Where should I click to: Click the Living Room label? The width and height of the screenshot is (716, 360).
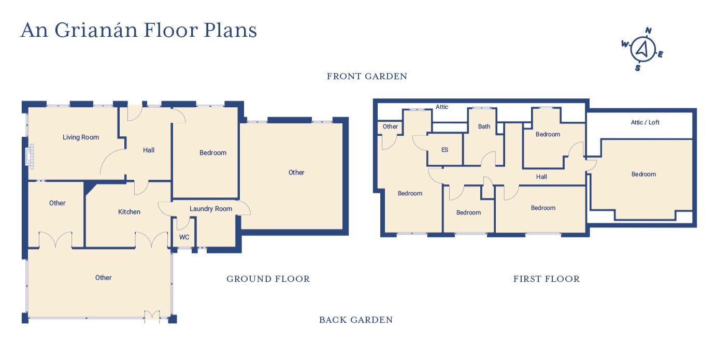[81, 137]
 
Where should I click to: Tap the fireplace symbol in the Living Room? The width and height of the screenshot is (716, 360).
[30, 156]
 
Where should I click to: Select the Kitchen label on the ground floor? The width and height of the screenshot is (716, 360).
[129, 212]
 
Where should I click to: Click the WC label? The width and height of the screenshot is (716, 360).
[184, 237]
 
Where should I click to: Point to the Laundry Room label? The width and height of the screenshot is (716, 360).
[210, 209]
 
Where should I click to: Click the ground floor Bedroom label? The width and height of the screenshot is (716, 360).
[213, 153]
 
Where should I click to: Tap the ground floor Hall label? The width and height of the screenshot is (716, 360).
[149, 150]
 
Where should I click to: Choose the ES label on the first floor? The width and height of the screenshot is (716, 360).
[445, 150]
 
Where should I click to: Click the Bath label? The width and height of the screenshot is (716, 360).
[484, 126]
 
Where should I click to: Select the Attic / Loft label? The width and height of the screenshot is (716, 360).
[645, 123]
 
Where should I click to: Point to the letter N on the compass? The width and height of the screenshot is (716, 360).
[648, 31]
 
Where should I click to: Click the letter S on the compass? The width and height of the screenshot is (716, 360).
[638, 68]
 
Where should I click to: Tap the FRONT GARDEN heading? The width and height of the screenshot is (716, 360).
[367, 77]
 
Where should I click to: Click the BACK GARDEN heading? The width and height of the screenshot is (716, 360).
[355, 320]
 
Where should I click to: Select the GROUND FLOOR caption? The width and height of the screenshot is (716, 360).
[268, 279]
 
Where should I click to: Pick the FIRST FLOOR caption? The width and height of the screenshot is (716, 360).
[546, 279]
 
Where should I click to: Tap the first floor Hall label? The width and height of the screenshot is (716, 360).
[541, 177]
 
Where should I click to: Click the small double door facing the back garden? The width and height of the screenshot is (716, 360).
[152, 314]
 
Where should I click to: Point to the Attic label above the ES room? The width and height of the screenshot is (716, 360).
[441, 107]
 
